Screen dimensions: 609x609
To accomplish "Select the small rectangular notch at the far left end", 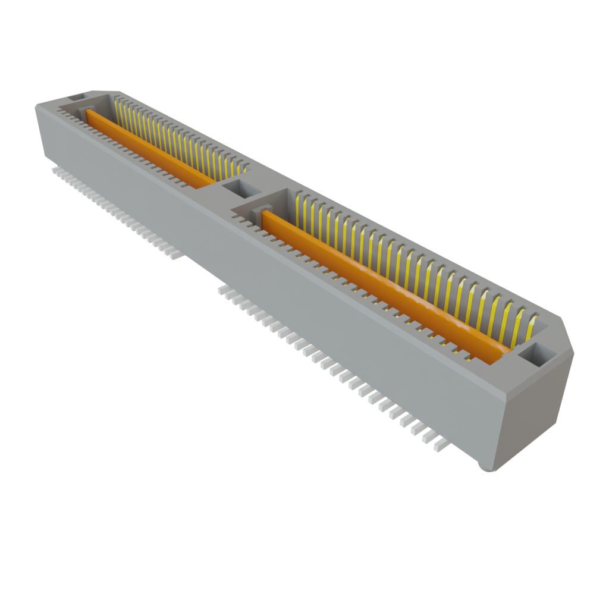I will coord(76,96).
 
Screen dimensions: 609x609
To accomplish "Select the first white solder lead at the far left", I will coord(55,170).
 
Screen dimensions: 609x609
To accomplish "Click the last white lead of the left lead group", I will coord(175,255).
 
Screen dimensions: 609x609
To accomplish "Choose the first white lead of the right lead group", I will coord(222,290).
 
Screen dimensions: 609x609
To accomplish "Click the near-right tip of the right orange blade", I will coord(503,354).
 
